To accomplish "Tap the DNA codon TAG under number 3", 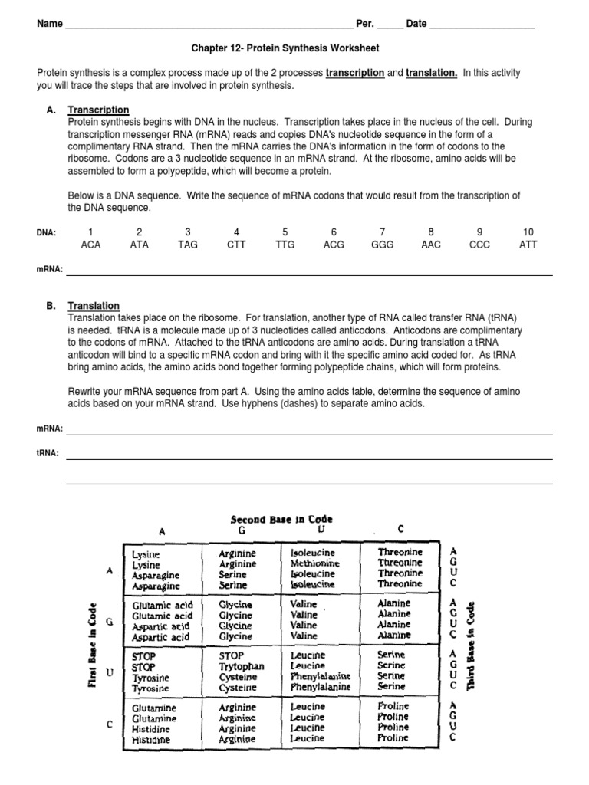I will (x=188, y=245).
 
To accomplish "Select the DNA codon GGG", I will (x=382, y=245).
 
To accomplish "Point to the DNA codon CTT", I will (x=237, y=245).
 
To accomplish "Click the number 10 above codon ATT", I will (x=528, y=232).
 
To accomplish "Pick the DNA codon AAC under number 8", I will (x=431, y=245).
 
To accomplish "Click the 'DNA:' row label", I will (x=46, y=232).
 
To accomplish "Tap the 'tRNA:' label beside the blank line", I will (x=48, y=453).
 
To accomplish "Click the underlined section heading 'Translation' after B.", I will (x=94, y=306).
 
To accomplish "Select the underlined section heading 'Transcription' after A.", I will (x=98, y=110).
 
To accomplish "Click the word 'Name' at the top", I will (x=50, y=24).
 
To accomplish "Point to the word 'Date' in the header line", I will (x=416, y=24).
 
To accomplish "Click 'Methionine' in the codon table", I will (x=314, y=563).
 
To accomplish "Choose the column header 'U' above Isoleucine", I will (x=321, y=529).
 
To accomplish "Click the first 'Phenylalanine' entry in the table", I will (x=321, y=677).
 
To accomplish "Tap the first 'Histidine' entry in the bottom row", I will (x=154, y=729).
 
